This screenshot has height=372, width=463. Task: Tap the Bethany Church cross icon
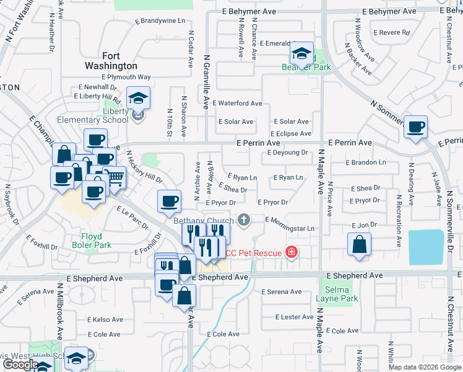(244, 219)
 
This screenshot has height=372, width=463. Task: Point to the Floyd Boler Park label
(96, 241)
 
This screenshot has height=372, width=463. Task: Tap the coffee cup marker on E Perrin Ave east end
(416, 126)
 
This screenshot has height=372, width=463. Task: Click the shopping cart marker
(114, 177)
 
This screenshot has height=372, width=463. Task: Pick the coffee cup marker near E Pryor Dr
(169, 200)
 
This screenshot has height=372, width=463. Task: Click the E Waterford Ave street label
(237, 104)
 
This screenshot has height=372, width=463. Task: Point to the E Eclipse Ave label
(291, 133)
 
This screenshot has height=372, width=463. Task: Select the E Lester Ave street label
(294, 317)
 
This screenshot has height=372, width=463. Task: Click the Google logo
(20, 365)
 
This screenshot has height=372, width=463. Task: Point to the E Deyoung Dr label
(287, 153)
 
